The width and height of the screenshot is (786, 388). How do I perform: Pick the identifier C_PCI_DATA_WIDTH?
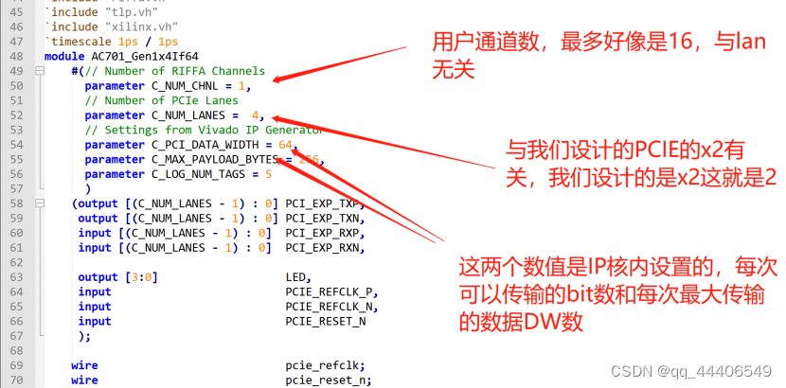209,145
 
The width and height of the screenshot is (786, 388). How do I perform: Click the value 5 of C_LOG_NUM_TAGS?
269,174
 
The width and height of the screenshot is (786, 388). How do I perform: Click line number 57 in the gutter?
18,189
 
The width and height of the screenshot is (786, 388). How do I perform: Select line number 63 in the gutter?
18,277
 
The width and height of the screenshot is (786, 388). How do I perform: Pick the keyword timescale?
83,43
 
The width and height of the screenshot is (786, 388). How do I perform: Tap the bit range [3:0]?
140,277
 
